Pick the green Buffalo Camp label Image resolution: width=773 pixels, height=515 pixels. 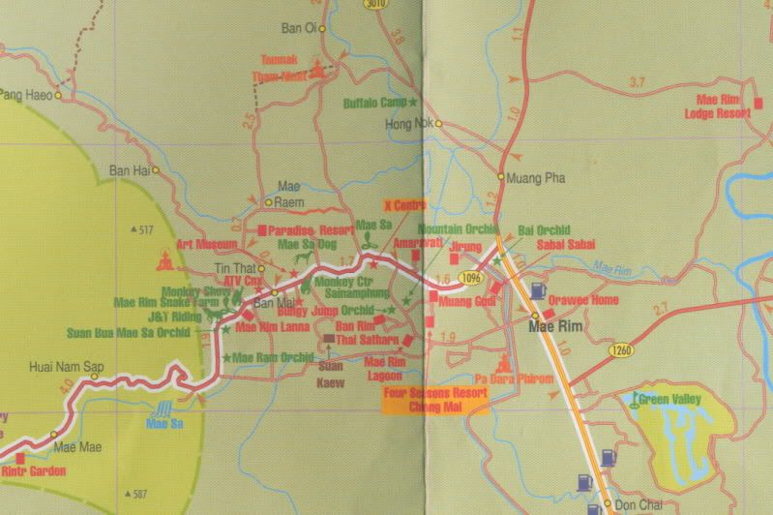pos(375,103)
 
